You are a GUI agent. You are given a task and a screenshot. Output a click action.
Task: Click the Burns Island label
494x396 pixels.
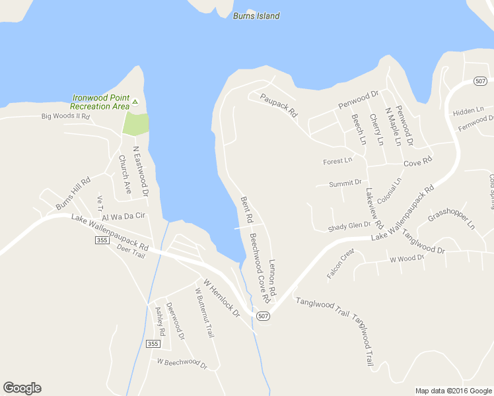coord(256,16)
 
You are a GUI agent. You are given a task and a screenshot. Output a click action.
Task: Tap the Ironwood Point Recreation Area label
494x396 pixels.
coord(100,102)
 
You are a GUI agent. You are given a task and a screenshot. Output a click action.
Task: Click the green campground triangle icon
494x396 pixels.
coord(135,102)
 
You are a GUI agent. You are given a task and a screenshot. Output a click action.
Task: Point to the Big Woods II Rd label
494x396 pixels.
coord(65,116)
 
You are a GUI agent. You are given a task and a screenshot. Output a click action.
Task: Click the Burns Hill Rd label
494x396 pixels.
coord(73,193)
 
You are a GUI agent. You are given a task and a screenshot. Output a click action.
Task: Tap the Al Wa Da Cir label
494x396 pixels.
coord(123,216)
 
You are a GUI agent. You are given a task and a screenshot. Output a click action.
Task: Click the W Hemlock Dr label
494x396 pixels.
coord(221,298)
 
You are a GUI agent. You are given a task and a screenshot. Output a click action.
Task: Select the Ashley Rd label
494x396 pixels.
coord(159,320)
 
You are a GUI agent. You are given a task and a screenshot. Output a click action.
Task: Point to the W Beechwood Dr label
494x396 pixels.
coord(182,363)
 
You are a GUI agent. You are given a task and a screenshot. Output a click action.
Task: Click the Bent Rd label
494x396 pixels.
coord(247,209)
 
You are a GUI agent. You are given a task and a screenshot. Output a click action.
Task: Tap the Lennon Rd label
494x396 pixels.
coord(271,277)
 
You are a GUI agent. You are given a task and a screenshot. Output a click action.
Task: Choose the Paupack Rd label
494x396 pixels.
coord(279,105)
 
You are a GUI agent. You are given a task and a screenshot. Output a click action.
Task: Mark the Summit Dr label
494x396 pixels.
coord(345,183)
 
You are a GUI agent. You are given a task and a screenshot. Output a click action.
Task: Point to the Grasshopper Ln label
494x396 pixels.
coord(451,216)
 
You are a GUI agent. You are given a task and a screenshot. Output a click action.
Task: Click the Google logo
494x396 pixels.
coord(22,388)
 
